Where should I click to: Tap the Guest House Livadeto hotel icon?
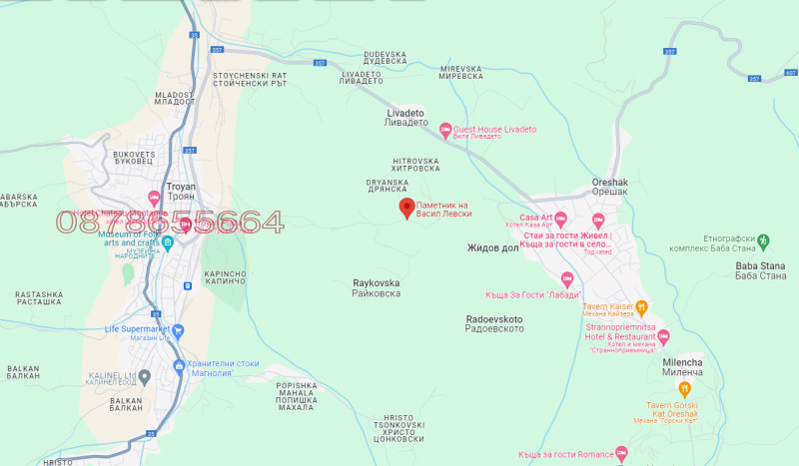pyautogui.click(x=444, y=130)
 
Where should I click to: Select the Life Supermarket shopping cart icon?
pyautogui.click(x=178, y=330)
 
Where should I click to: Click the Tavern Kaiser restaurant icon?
pyautogui.click(x=642, y=308)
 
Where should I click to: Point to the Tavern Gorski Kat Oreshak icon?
pyautogui.click(x=684, y=388)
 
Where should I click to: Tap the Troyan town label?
pyautogui.click(x=181, y=187)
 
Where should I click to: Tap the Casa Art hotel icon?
pyautogui.click(x=560, y=219)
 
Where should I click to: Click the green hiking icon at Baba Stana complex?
pyautogui.click(x=764, y=240)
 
